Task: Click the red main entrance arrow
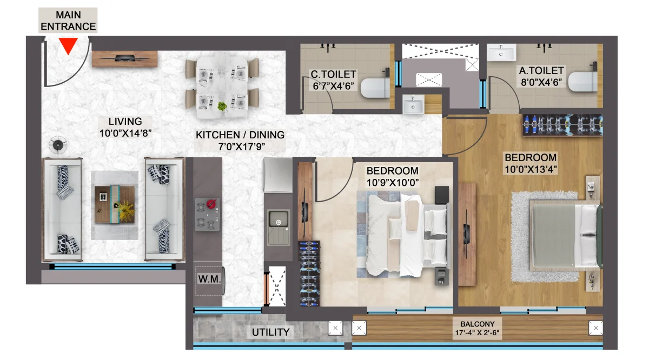(x=68, y=45)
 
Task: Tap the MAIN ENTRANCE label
(x=68, y=21)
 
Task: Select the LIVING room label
(x=125, y=122)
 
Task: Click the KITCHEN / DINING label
(x=240, y=135)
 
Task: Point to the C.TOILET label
(x=334, y=75)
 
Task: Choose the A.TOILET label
(x=541, y=71)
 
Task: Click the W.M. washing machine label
(x=209, y=279)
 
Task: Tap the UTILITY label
(x=270, y=332)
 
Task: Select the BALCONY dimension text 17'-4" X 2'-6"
(x=477, y=333)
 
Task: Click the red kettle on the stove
(x=211, y=204)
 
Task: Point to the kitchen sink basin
(x=279, y=219)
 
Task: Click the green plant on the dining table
(x=222, y=106)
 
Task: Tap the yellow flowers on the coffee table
(x=125, y=211)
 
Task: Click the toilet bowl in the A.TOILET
(x=582, y=82)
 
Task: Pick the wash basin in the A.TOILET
(x=501, y=52)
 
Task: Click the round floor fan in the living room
(x=58, y=145)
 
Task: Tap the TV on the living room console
(x=124, y=58)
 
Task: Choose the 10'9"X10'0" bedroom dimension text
(x=393, y=183)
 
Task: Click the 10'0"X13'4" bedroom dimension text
(x=531, y=169)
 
